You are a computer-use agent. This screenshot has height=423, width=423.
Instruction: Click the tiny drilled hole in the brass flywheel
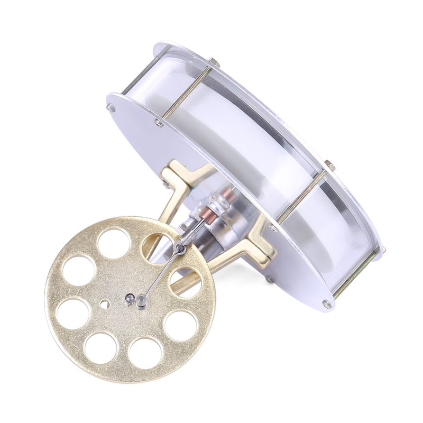click(105, 304)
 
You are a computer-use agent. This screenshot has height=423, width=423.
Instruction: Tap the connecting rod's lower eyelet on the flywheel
click(141, 302)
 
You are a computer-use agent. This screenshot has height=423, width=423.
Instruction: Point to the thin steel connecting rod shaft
click(161, 275)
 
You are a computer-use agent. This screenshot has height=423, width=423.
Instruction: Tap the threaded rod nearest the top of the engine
click(185, 96)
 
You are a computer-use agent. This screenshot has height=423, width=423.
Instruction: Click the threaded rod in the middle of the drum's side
click(301, 196)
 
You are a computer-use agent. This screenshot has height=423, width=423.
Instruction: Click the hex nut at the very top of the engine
click(212, 62)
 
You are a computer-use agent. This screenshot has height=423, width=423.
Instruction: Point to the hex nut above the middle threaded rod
click(329, 165)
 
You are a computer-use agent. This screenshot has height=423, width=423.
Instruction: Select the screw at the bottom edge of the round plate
click(326, 304)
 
